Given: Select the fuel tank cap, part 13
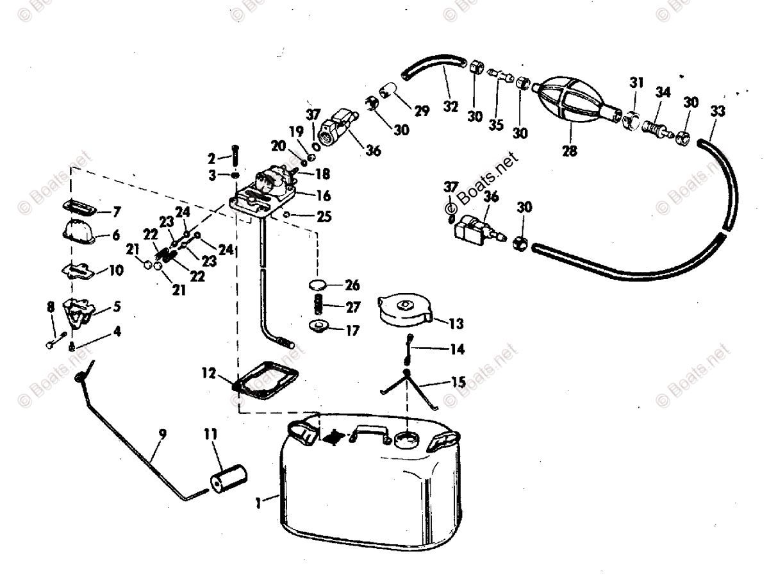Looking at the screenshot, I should click(404, 310).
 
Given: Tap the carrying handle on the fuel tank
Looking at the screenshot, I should click(368, 435).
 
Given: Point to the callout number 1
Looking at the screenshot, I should click(258, 505).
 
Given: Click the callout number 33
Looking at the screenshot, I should click(718, 112).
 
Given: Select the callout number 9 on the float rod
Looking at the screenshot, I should click(163, 434).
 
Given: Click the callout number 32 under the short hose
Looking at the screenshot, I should click(451, 107).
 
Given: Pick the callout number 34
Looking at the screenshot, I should click(662, 92).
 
